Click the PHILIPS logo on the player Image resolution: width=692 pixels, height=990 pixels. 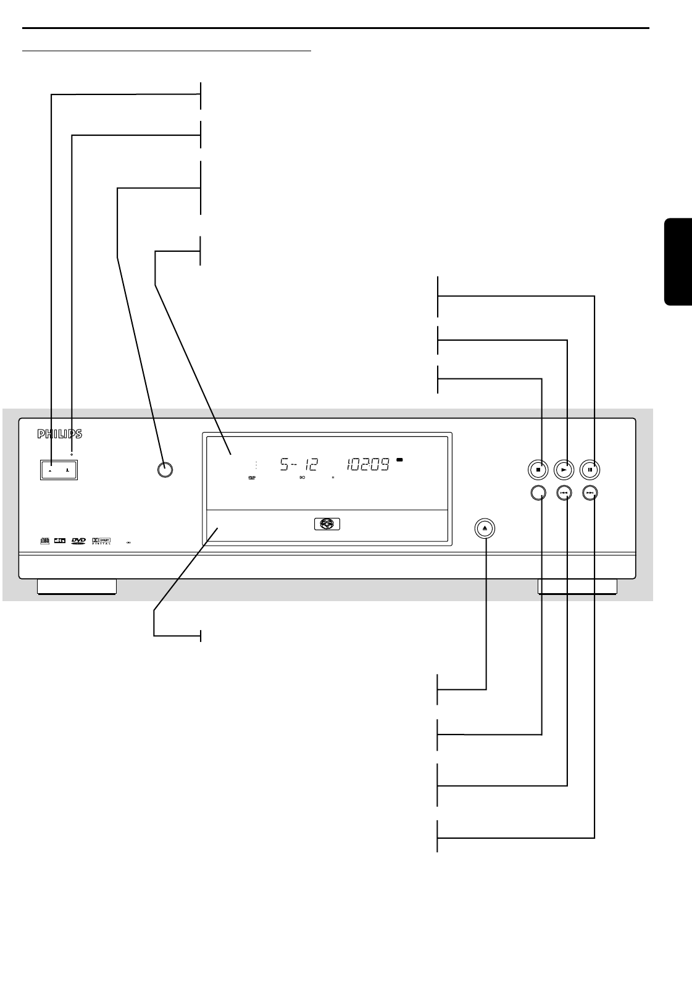tap(60, 435)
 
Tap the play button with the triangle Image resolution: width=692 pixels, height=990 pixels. tap(564, 470)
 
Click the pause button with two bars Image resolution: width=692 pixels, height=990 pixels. tap(590, 470)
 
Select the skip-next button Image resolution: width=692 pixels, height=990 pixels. tap(590, 493)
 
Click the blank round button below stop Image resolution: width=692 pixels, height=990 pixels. tap(538, 493)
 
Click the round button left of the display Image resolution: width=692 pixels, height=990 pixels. tap(164, 469)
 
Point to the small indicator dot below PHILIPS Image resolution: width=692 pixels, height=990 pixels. tap(72, 454)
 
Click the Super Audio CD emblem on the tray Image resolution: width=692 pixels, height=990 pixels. tap(325, 525)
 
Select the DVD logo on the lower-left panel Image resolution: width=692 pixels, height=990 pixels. tap(78, 541)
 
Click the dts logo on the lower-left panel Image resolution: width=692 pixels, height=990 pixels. tap(60, 541)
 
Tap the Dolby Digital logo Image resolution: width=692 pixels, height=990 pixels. tap(101, 541)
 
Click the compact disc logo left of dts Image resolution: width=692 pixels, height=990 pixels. tap(44, 541)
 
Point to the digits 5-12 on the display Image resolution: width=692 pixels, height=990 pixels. tap(299, 465)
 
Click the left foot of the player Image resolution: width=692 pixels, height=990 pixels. tap(77, 587)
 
